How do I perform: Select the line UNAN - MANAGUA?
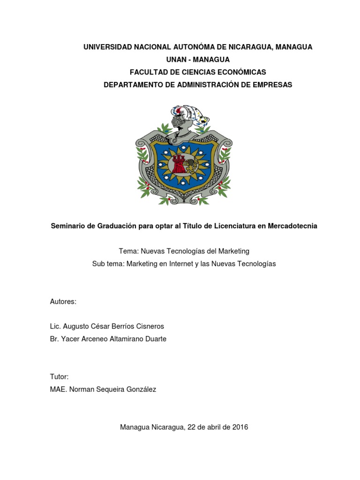[198, 60]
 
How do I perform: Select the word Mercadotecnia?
[292, 226]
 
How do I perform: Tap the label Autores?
[63, 302]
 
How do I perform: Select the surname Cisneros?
[148, 326]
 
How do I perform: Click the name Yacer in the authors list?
[68, 339]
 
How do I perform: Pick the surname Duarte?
[154, 339]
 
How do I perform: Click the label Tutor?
[59, 377]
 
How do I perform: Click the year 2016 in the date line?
[240, 427]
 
